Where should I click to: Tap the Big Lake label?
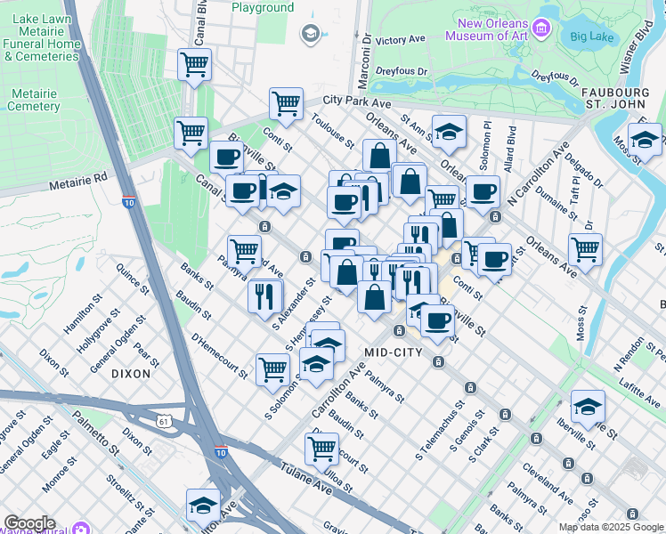592,36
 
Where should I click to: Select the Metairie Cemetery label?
33,100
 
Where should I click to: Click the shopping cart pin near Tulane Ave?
321,448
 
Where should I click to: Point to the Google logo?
29,523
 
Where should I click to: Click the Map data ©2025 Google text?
610,527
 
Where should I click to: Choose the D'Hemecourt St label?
218,353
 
